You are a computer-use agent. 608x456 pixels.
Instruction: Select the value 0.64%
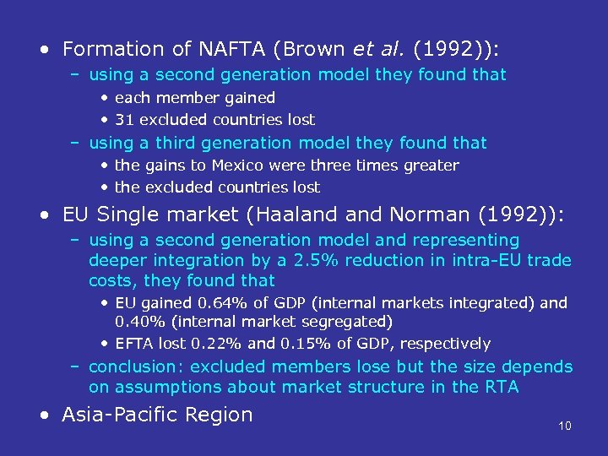click(212, 302)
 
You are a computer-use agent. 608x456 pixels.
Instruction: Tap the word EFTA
click(133, 344)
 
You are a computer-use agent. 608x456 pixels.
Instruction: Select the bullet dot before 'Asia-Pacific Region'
click(44, 415)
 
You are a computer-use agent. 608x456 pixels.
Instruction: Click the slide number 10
click(565, 426)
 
